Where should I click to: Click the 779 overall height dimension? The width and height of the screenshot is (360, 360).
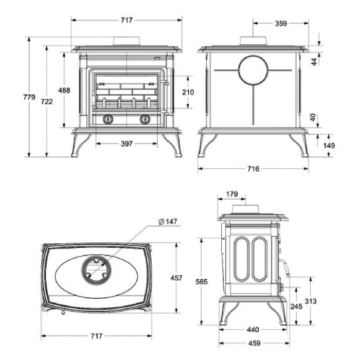point(29,97)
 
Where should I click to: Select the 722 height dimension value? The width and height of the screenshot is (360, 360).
point(47,101)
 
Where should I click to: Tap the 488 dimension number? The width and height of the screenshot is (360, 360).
point(64,91)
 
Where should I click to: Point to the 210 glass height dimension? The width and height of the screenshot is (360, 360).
point(188,92)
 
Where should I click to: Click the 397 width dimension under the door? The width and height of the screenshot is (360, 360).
point(127,143)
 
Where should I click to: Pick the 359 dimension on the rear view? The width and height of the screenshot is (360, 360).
point(281,24)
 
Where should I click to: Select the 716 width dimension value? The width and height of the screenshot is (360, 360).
point(253,169)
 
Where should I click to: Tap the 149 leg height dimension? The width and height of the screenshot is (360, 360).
point(329,146)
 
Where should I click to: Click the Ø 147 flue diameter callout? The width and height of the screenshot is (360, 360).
point(168,222)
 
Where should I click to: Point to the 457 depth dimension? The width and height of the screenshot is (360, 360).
point(176,278)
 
